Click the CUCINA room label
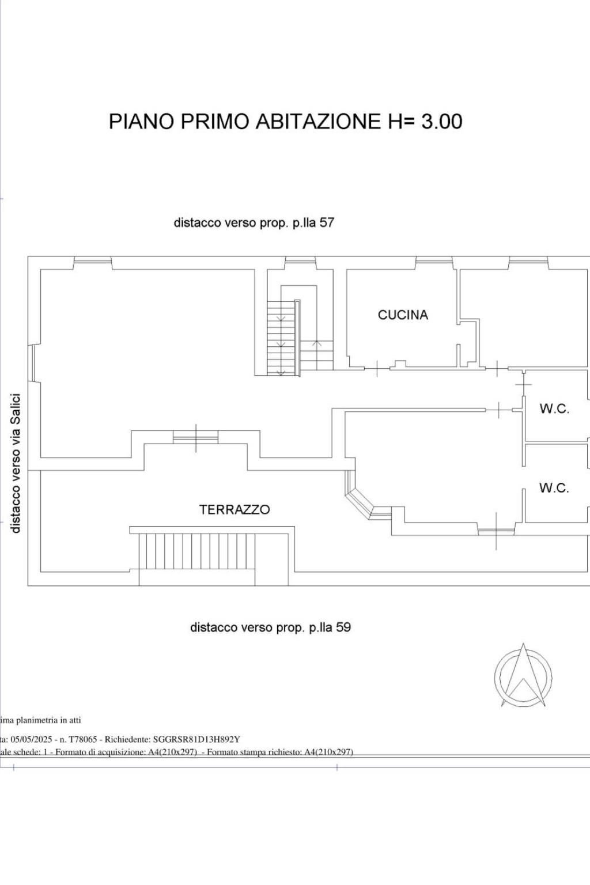pos(403,315)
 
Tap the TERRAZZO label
pos(234,509)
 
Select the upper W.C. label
pos(554,409)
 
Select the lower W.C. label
pos(554,487)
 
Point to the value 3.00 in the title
pos(442,122)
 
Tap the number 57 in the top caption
pos(326,222)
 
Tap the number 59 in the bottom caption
pos(343,627)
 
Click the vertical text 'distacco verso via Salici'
pos(16,463)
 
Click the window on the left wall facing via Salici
pos(33,363)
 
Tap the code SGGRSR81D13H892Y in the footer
pos(196,739)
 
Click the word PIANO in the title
pos(141,122)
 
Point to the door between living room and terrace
pos(196,438)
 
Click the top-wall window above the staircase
pos(300,262)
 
